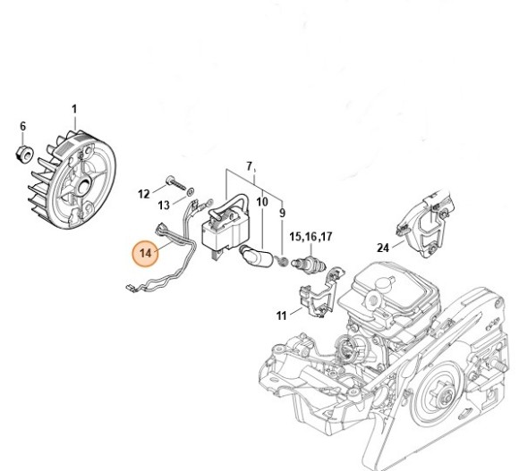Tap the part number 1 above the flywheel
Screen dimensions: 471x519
tap(74, 110)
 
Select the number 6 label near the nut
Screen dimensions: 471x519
tap(23, 126)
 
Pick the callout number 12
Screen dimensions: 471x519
tap(144, 193)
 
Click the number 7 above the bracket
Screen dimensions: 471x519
tap(250, 167)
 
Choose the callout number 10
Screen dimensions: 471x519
tap(262, 203)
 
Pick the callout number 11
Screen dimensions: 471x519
tap(282, 315)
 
